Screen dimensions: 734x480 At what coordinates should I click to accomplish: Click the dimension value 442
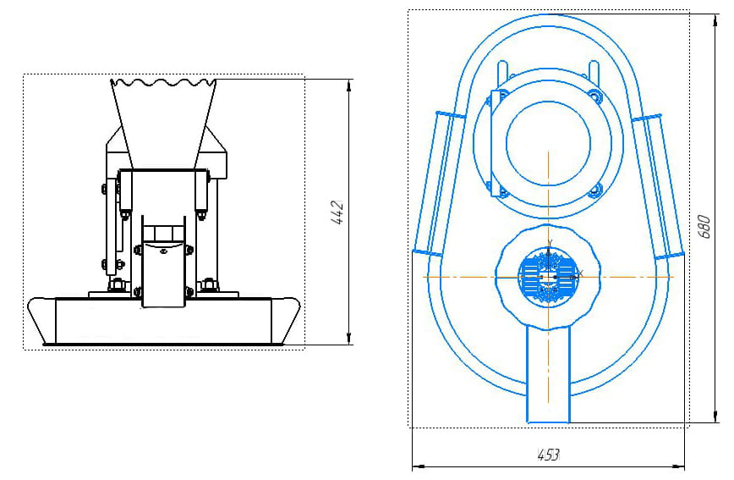[x=337, y=212]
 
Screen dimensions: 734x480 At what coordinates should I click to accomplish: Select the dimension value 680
[x=704, y=226]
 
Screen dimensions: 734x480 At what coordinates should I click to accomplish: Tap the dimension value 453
[x=548, y=455]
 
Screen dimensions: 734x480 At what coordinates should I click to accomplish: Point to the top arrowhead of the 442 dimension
[x=348, y=86]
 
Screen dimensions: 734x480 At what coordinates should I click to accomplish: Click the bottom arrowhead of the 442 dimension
[x=348, y=338]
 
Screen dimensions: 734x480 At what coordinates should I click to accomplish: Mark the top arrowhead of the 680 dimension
[x=715, y=20]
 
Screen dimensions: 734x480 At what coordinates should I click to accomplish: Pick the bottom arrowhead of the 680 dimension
[x=715, y=416]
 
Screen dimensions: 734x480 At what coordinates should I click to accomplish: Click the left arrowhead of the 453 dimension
[x=419, y=466]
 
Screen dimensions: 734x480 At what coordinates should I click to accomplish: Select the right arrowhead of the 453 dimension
[x=678, y=466]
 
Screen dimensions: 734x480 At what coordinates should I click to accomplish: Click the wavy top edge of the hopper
[x=163, y=83]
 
